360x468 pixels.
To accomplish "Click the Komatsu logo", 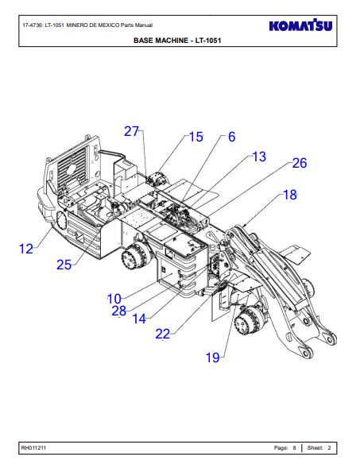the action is point(300,25).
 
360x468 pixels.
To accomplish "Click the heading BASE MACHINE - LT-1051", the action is point(177,41).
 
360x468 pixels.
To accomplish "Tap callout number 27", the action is point(131,131).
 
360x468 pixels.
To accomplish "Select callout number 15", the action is point(196,137).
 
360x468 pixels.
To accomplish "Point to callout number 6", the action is point(231,137).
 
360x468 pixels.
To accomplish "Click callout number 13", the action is point(259,157).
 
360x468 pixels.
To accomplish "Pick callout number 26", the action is point(300,163).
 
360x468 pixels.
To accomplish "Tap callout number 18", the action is point(289,195).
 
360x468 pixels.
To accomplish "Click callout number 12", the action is point(25,249).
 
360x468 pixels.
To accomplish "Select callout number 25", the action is point(64,265).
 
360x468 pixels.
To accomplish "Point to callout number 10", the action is point(114,299).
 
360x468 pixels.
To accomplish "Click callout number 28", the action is point(118,311).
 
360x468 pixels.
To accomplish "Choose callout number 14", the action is point(139,319).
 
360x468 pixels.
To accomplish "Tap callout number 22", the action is point(163,334).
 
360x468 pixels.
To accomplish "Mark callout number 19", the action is point(212,358).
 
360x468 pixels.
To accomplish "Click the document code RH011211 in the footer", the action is point(33,447).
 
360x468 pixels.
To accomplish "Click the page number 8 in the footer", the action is point(294,447).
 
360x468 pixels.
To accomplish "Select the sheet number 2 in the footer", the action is point(329,447).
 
